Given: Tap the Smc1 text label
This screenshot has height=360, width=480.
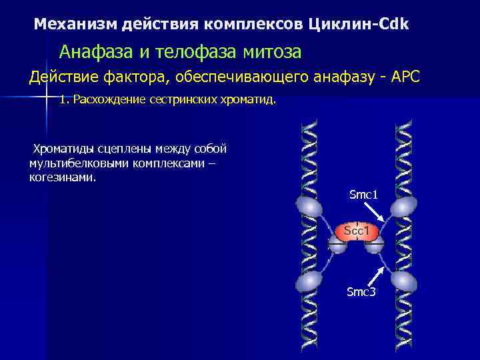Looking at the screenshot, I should (x=363, y=195).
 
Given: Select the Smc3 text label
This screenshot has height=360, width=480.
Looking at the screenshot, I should (x=361, y=291).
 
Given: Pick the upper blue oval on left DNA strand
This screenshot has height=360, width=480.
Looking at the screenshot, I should (x=308, y=207).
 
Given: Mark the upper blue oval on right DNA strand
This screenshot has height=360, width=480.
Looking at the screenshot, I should (x=404, y=207).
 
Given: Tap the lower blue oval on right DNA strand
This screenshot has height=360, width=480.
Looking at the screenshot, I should (x=404, y=281).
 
